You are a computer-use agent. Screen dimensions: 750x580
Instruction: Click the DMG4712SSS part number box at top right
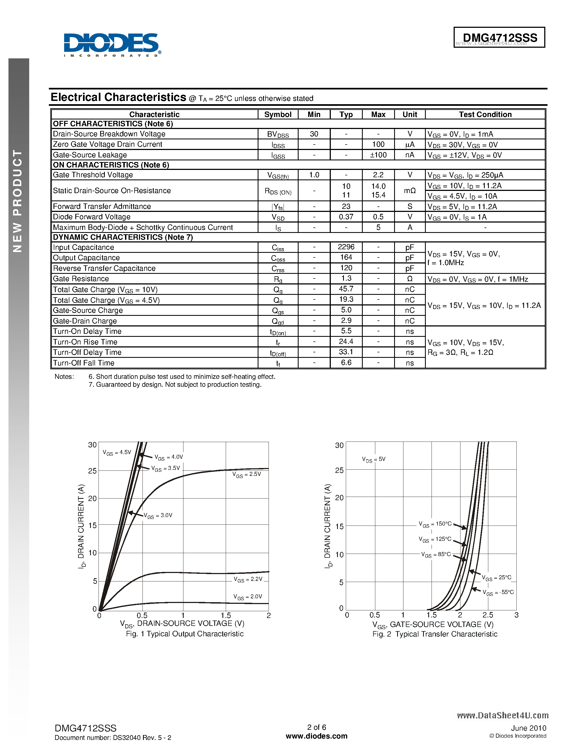[499, 37]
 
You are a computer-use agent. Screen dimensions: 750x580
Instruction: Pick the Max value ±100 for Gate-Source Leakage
[378, 155]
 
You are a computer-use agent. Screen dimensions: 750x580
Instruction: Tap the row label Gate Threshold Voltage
[93, 175]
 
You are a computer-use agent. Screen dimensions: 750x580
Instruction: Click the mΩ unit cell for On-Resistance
[410, 191]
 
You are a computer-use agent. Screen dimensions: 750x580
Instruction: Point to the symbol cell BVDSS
[278, 134]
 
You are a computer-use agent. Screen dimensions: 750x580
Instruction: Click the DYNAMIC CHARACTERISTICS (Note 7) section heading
[123, 237]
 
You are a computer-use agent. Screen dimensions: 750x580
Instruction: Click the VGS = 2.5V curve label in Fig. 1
[246, 474]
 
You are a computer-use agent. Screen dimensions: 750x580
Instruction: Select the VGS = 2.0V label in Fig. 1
[247, 596]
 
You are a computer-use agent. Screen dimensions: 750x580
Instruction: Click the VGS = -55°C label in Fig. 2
[498, 592]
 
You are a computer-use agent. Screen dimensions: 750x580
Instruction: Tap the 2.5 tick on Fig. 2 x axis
[487, 615]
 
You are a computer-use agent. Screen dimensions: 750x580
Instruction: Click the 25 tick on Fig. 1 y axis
[92, 471]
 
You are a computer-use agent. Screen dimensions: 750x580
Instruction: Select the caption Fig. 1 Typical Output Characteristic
[185, 634]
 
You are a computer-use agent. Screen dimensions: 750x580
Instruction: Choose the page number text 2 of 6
[316, 727]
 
